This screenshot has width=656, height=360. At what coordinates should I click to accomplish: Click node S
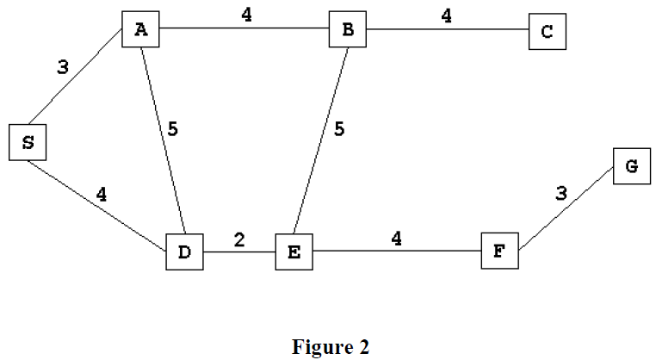[x=28, y=142]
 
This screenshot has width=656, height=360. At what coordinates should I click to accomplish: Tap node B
[x=348, y=30]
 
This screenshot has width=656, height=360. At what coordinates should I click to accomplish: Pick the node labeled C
[x=548, y=33]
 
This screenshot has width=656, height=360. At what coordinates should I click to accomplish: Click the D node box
[x=185, y=251]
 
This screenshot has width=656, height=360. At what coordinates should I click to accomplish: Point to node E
[x=294, y=251]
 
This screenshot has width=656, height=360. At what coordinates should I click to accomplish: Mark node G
[x=631, y=165]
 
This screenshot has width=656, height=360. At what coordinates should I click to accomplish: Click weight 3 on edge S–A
[x=62, y=68]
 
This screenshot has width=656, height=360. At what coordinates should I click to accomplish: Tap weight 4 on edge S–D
[x=102, y=195]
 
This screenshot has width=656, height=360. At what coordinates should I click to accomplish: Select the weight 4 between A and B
[x=246, y=15]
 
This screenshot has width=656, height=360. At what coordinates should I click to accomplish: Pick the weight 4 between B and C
[x=447, y=15]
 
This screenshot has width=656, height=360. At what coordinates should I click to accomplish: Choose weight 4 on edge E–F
[x=396, y=239]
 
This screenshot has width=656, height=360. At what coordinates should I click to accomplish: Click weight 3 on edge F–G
[x=561, y=193]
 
